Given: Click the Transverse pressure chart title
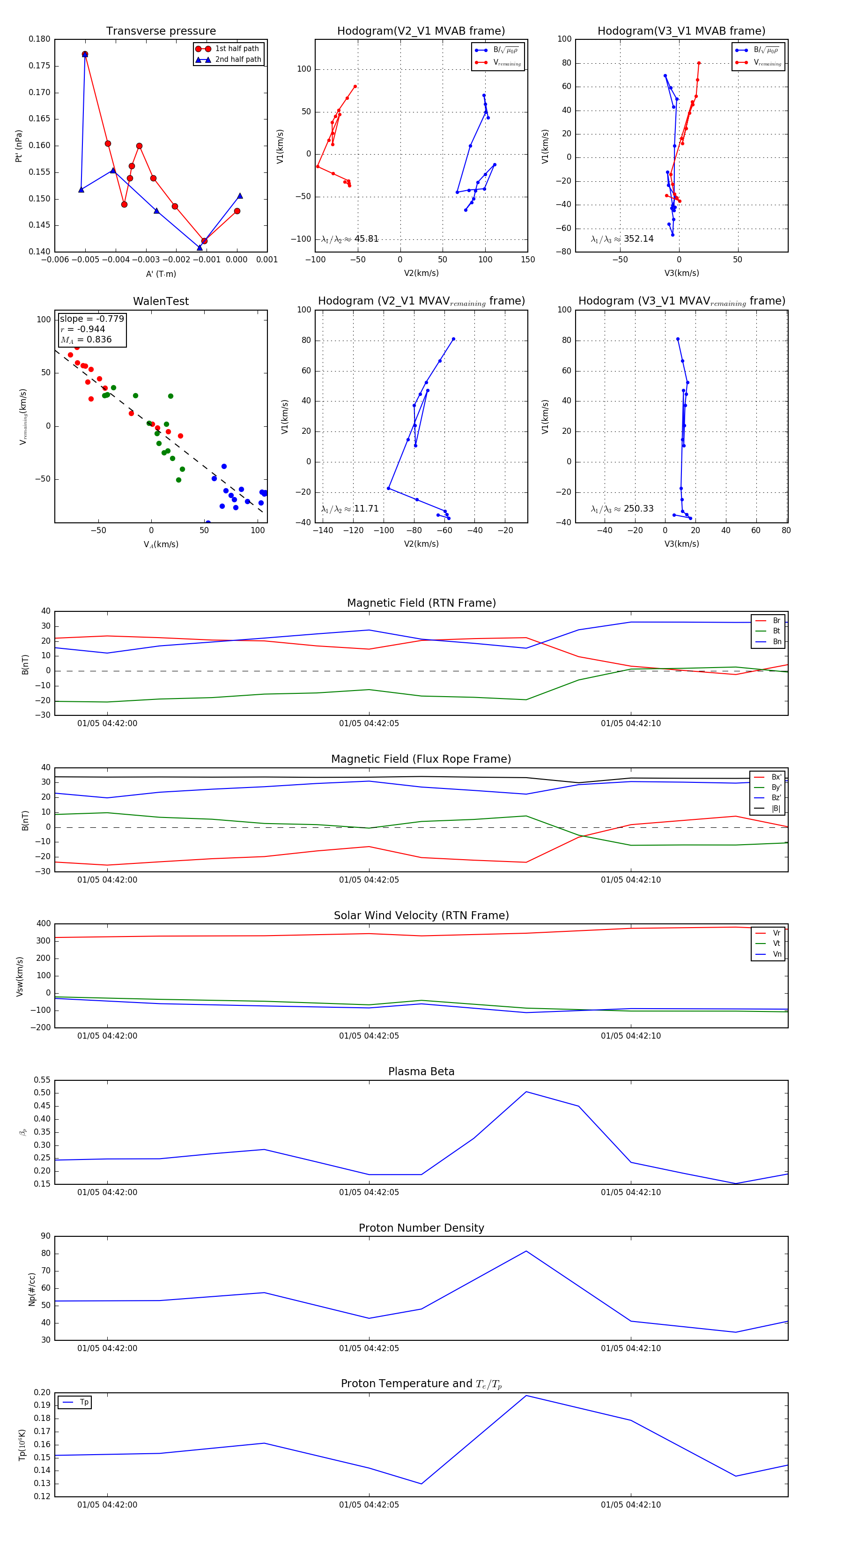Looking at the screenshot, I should (161, 31).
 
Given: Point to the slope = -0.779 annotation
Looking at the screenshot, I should (92, 319).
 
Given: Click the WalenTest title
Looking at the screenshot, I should (161, 301).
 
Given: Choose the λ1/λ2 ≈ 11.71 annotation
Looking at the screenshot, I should (350, 509).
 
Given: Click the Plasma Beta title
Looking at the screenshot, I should (421, 1072).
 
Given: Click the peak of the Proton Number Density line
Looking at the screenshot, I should (526, 1251).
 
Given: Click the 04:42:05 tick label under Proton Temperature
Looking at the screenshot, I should (369, 1505).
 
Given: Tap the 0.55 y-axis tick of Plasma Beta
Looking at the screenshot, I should (42, 1080).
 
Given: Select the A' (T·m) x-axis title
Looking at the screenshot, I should (161, 274).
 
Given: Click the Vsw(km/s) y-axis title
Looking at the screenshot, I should (20, 976).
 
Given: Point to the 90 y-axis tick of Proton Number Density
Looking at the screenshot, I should (45, 1236).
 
